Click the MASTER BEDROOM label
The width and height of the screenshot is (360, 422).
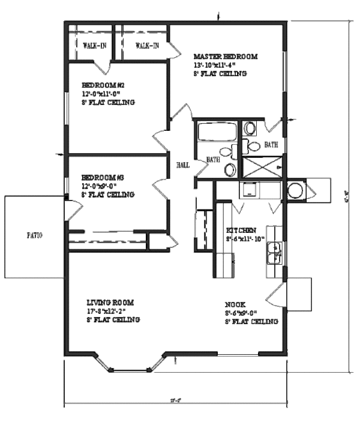(x=225, y=56)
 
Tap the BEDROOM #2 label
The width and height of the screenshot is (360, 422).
(x=103, y=85)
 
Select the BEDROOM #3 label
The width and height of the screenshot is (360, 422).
(x=103, y=178)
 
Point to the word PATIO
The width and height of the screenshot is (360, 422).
(x=34, y=235)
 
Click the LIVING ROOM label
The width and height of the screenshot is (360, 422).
(x=110, y=303)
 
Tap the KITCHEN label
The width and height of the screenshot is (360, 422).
(x=241, y=231)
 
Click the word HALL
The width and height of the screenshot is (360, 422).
(x=183, y=165)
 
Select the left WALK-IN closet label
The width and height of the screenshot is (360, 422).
(x=95, y=46)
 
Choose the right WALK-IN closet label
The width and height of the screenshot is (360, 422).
(x=147, y=46)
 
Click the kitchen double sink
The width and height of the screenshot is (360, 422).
(x=275, y=253)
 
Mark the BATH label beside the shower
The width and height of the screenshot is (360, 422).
(x=271, y=145)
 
